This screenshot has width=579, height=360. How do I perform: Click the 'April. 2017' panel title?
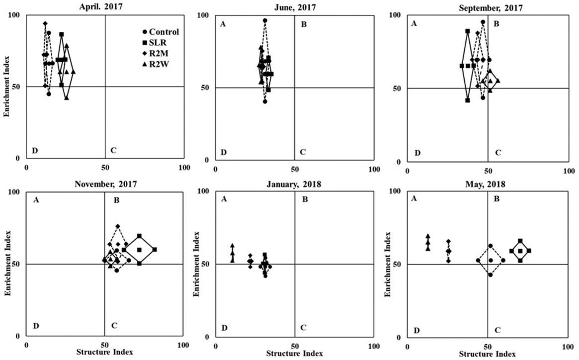click(x=105, y=7)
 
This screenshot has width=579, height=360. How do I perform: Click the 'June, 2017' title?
click(x=294, y=7)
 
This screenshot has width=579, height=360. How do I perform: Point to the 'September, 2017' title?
click(x=487, y=7)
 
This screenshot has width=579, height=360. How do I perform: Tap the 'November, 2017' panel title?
click(x=105, y=184)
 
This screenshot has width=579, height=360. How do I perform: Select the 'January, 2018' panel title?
click(x=294, y=184)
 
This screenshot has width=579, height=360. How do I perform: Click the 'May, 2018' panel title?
click(x=487, y=184)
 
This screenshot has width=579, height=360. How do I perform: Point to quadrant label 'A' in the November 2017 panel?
click(x=36, y=200)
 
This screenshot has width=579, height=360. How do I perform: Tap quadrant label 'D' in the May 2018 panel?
click(x=417, y=330)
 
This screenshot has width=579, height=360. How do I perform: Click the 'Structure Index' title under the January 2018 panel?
click(x=294, y=354)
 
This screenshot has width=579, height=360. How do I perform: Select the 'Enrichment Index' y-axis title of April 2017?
click(x=7, y=87)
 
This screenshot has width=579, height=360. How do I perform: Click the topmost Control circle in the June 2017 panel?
click(x=265, y=21)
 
